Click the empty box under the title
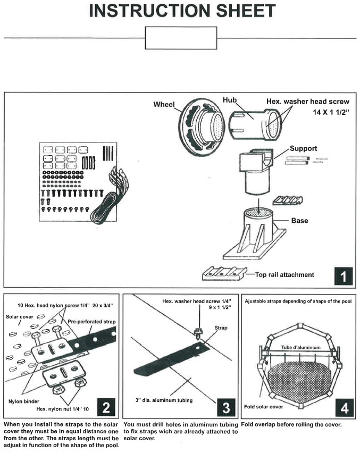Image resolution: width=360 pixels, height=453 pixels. (x=181, y=38)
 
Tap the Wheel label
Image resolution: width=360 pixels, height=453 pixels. (x=164, y=104)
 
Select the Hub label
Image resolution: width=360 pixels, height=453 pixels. (x=230, y=100)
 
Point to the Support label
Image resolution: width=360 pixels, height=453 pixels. (x=303, y=148)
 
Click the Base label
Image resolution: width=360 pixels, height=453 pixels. (x=300, y=220)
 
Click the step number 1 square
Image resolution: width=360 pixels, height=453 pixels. (x=343, y=276)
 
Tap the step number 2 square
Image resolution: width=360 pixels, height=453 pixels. (x=106, y=408)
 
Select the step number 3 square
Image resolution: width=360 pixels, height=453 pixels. (x=225, y=408)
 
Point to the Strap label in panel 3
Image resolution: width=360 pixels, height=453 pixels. (x=221, y=328)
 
